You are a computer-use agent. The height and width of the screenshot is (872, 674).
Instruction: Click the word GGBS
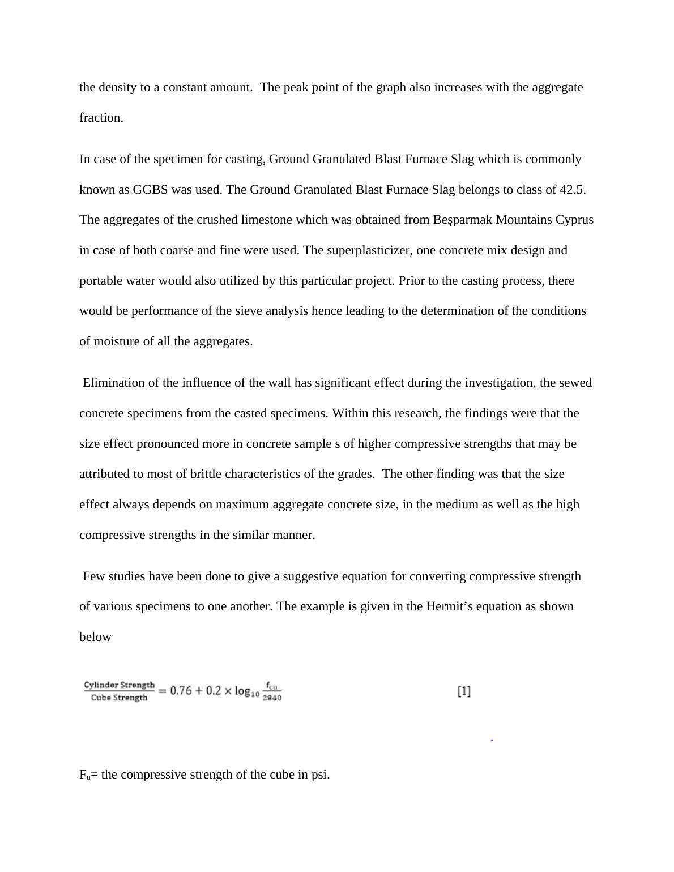pos(150,190)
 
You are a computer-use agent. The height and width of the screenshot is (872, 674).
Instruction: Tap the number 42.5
pos(572,190)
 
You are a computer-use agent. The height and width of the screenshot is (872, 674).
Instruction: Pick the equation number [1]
pos(464,691)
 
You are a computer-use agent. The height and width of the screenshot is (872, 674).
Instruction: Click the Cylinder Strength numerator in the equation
pos(119,685)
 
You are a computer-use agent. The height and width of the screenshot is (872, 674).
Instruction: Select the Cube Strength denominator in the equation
pos(119,698)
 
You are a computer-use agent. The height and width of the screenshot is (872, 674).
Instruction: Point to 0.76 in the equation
pos(181,691)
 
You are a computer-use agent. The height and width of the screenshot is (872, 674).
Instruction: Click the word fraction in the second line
pos(101,118)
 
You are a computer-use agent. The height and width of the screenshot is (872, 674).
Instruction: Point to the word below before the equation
pos(95,637)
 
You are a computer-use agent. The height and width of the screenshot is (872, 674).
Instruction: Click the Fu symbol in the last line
pos(84,775)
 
